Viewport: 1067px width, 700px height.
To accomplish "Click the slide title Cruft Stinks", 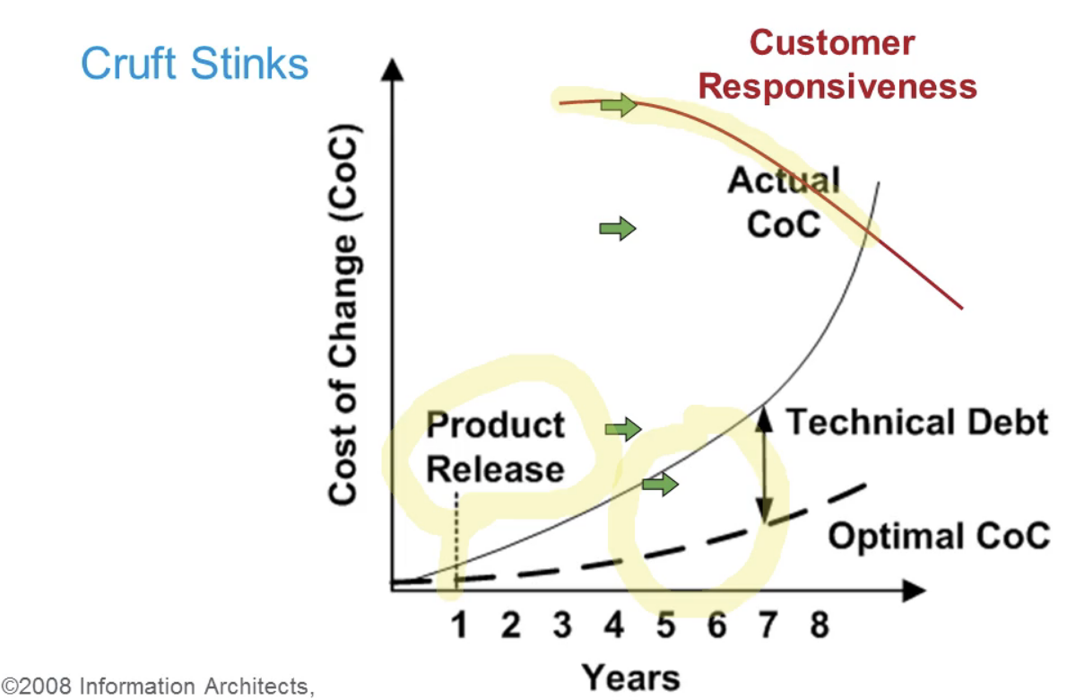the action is click(195, 64).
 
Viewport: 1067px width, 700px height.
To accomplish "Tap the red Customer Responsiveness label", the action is click(837, 65).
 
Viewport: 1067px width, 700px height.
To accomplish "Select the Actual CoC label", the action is click(784, 202).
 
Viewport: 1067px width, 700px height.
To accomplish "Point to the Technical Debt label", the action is click(917, 422).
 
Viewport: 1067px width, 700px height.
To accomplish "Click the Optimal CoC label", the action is click(939, 535).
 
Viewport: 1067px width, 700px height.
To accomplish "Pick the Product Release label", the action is click(495, 447).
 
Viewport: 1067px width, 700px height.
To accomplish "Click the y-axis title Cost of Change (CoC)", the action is click(343, 314).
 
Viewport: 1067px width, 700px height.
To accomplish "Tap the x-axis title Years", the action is click(631, 678).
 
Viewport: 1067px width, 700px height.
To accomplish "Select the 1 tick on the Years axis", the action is click(459, 625).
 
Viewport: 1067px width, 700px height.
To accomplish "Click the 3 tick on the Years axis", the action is click(562, 625).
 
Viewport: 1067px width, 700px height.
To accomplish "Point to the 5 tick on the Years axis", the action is click(665, 625).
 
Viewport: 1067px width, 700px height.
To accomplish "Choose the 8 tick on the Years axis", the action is click(820, 625).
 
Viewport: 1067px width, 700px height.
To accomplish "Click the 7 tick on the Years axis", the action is click(768, 625).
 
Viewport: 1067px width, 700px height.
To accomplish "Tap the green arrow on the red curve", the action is click(619, 105).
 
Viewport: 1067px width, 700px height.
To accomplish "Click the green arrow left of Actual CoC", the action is click(617, 228).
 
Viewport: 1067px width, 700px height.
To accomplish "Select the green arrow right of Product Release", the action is click(623, 429).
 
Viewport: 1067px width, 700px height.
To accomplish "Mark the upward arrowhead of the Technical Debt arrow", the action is click(765, 419).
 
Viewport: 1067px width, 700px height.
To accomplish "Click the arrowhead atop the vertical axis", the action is click(392, 69).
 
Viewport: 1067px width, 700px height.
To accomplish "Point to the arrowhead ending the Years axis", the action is click(914, 591).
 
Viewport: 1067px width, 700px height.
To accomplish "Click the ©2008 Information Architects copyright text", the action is click(158, 687).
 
